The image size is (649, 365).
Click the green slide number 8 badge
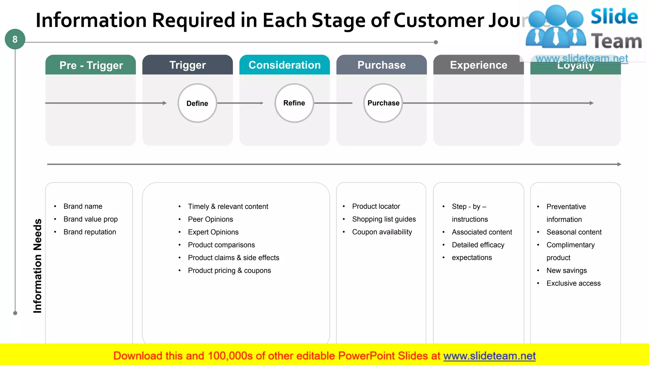click(15, 39)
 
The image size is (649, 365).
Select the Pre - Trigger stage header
click(91, 65)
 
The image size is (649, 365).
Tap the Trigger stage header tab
click(188, 65)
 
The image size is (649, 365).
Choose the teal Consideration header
click(285, 65)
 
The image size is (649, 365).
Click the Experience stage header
click(479, 65)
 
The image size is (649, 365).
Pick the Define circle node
click(197, 103)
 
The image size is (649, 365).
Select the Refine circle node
click(294, 103)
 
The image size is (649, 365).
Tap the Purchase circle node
click(383, 103)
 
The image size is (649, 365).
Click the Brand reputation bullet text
click(90, 232)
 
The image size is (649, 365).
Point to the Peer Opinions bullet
click(210, 219)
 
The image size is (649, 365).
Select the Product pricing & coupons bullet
click(229, 271)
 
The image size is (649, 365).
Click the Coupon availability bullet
click(382, 232)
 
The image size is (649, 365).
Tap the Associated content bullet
click(482, 232)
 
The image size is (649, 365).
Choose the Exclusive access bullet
click(573, 283)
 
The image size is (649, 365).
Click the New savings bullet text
click(567, 271)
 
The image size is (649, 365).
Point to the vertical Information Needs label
click(37, 266)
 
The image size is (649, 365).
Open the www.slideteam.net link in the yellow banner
click(489, 356)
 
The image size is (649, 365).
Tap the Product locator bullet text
click(376, 206)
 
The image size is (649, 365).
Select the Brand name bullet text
click(83, 206)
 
